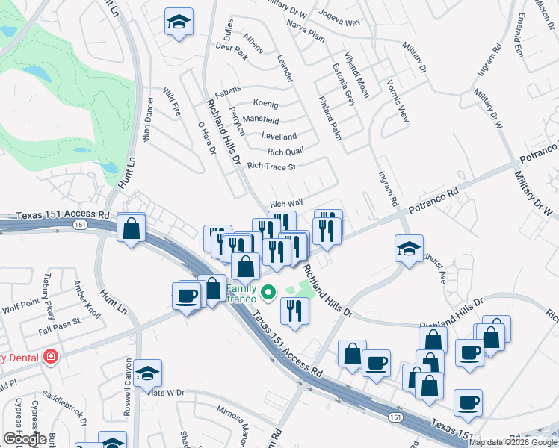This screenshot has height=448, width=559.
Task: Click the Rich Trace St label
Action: point(272,166)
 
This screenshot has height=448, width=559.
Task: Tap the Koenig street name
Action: point(266,104)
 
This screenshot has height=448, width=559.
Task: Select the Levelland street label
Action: point(279,137)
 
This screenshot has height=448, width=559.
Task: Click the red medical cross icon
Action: point(51,356)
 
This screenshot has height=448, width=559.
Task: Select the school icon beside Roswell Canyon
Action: point(148,373)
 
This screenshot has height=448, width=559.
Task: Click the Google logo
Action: point(25,439)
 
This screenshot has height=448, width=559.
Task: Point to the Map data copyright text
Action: point(513,442)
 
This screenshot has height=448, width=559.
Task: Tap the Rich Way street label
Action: point(286,203)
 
